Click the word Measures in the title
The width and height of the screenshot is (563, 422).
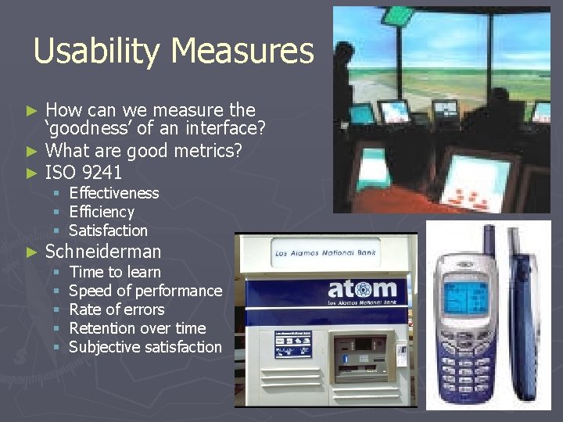pyautogui.click(x=242, y=52)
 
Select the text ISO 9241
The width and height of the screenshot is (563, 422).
pyautogui.click(x=84, y=170)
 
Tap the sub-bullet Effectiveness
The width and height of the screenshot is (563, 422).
pyautogui.click(x=113, y=193)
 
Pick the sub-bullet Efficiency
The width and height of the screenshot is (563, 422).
pyautogui.click(x=102, y=212)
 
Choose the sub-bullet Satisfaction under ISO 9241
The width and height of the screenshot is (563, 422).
pyautogui.click(x=108, y=231)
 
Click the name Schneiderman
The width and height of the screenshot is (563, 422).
pyautogui.click(x=103, y=251)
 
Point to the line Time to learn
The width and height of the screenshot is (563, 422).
pyautogui.click(x=115, y=272)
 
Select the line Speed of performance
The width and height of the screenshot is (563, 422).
pyautogui.click(x=145, y=291)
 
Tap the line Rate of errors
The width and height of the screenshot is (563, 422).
pyautogui.click(x=117, y=309)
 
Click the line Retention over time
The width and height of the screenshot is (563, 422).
pyautogui.click(x=137, y=328)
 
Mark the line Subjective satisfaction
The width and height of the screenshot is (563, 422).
pyautogui.click(x=145, y=347)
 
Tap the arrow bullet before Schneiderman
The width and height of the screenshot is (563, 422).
pyautogui.click(x=32, y=252)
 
